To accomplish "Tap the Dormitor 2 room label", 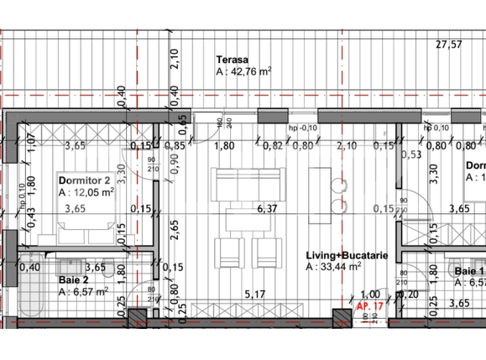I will click(x=84, y=180).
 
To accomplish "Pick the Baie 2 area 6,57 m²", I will click(x=84, y=292).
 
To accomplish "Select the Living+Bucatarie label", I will click(x=347, y=255).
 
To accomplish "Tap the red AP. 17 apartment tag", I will click(x=370, y=308).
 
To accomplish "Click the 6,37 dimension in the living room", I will click(x=267, y=209).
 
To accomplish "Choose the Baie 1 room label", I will click(x=469, y=272).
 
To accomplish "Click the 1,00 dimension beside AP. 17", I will click(x=369, y=295).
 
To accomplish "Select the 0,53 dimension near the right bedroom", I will click(x=411, y=154).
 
